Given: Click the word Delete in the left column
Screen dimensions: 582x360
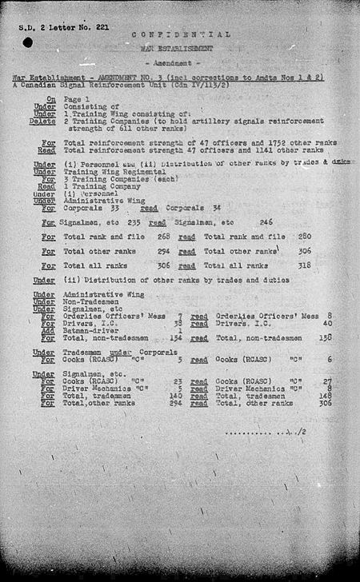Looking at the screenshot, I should [x=45, y=121].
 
